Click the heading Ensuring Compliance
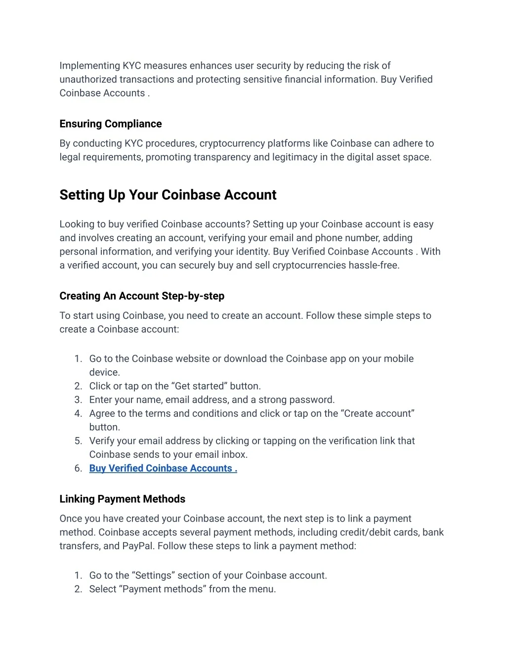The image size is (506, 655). click(x=111, y=124)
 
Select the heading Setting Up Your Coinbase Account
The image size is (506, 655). click(x=168, y=195)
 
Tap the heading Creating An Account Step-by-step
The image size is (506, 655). click(x=142, y=296)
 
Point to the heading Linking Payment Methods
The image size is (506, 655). click(x=122, y=499)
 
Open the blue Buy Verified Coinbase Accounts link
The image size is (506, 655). click(x=163, y=469)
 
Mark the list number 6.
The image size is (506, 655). click(x=78, y=469)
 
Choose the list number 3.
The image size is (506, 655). click(x=78, y=400)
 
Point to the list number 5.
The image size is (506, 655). click(x=78, y=441)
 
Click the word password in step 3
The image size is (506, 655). click(x=311, y=400)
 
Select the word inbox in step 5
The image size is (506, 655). click(x=235, y=455)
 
